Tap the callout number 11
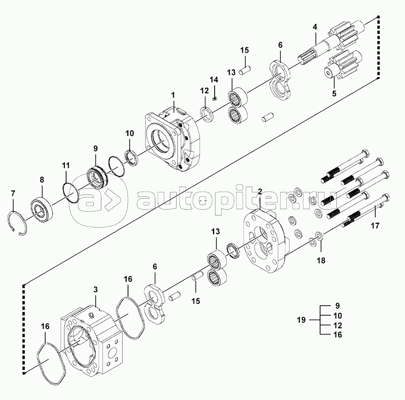point(66,165)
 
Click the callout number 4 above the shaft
point(315,27)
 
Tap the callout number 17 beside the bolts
point(375,226)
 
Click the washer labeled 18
point(319,235)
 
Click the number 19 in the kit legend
point(301,320)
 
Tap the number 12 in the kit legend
point(338,325)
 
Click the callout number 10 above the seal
point(130,133)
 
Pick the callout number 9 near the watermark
point(95,149)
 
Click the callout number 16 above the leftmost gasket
point(45,326)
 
